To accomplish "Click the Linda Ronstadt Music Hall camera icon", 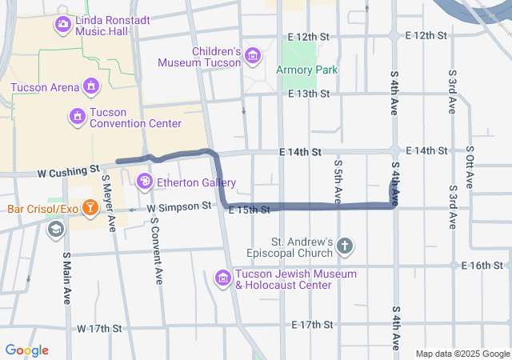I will (62, 24).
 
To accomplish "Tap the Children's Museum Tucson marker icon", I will (254, 55).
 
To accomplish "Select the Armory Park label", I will (308, 70).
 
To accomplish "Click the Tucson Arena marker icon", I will (91, 86).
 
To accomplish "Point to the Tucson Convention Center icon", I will (77, 117).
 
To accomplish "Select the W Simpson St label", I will (178, 206).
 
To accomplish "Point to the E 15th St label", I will (250, 210).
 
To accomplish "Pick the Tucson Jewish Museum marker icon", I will (224, 278).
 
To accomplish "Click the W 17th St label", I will (99, 329).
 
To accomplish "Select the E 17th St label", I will (312, 324).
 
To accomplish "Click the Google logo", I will (26, 350).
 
